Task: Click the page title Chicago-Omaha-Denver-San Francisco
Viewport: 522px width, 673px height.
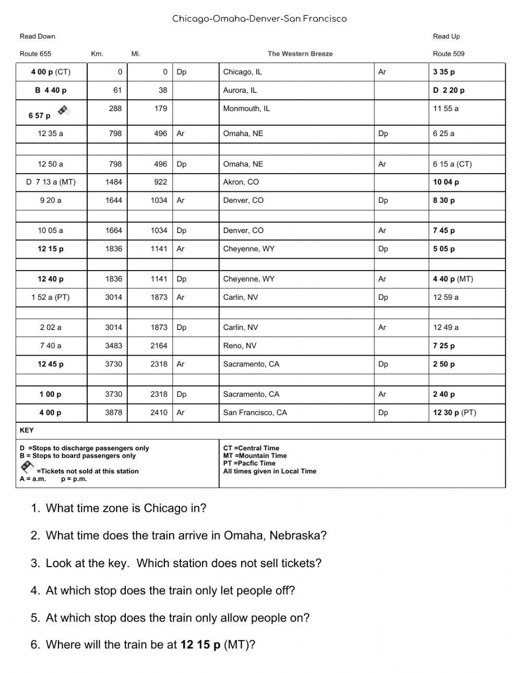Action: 259,19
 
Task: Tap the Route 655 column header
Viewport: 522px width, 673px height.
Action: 35,54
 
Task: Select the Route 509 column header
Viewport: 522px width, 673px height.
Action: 448,54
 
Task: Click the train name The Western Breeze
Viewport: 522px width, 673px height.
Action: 300,54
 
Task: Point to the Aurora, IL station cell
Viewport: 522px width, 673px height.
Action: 240,90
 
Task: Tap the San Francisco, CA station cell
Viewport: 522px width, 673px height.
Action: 255,412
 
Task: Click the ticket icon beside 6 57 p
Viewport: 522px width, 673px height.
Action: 64,110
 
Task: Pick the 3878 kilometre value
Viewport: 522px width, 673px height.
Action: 113,412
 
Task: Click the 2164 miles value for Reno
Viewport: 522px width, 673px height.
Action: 159,346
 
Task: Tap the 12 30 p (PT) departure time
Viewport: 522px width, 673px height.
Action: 454,412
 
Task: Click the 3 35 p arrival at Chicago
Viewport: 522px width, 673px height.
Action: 444,72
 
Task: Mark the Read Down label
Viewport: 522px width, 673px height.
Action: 38,36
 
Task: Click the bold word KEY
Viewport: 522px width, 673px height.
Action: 27,430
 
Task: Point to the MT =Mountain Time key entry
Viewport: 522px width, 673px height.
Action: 255,456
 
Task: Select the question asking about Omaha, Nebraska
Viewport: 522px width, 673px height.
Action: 186,535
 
